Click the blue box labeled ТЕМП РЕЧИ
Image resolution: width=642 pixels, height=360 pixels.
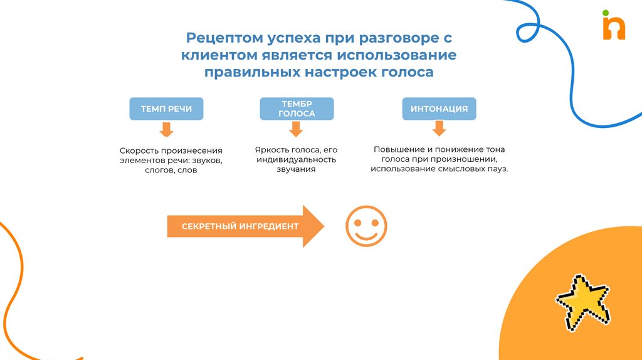[x=166, y=109]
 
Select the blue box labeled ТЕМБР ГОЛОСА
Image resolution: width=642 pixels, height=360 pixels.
[x=297, y=109]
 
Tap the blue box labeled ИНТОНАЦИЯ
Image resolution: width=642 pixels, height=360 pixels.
[x=439, y=109]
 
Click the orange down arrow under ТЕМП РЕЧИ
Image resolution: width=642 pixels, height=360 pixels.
[x=166, y=130]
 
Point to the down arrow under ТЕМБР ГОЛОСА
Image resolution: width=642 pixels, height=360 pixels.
[x=297, y=129]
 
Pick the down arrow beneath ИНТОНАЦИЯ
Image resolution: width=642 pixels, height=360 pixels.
[x=439, y=129]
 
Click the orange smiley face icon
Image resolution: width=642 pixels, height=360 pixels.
[x=366, y=226]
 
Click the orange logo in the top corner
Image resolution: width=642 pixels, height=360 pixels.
[x=614, y=29]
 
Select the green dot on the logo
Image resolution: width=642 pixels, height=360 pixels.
[x=606, y=13]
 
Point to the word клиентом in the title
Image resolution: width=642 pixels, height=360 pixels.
[x=214, y=55]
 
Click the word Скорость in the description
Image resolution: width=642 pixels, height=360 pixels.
[x=139, y=151]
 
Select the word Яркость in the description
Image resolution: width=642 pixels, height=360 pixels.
[x=273, y=150]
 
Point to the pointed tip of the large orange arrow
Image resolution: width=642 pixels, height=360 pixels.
[x=323, y=226]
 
